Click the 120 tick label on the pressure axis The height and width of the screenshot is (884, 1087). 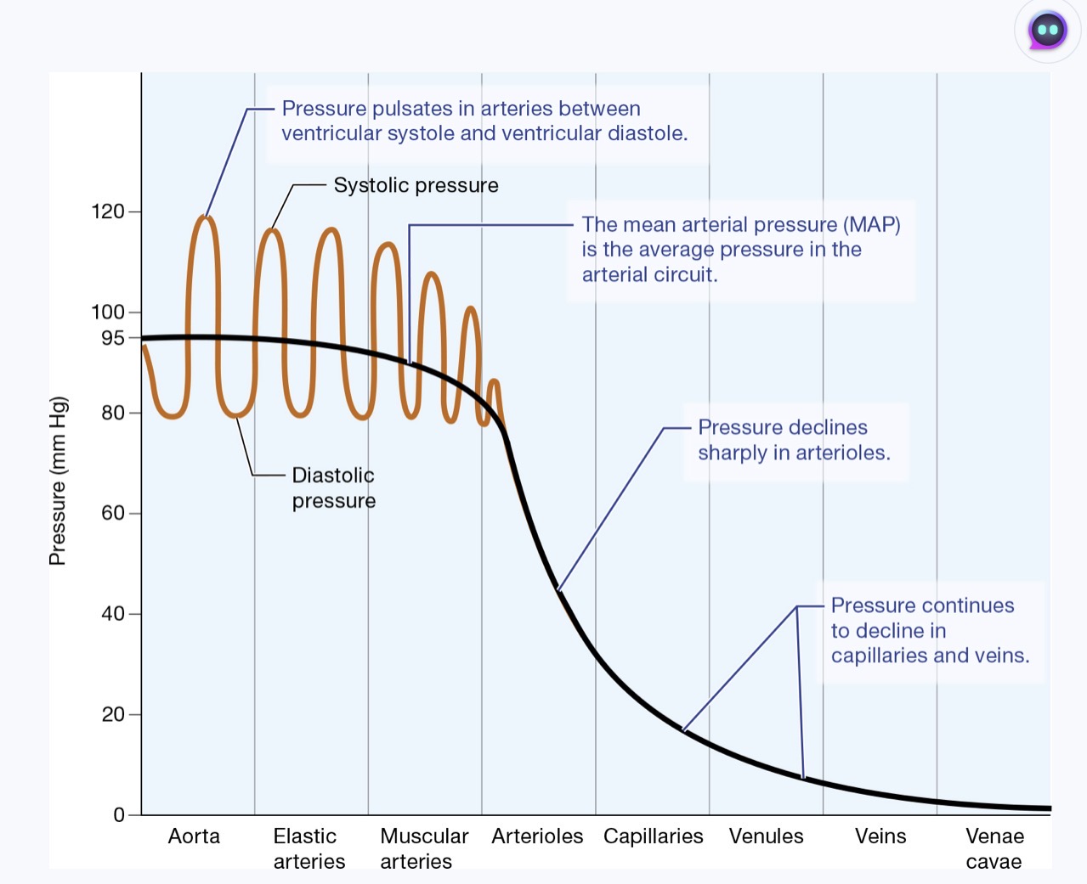coord(108,211)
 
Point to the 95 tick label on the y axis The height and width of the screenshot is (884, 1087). coord(112,338)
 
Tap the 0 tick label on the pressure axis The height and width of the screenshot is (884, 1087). coord(119,815)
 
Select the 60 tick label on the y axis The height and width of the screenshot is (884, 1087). coord(113,513)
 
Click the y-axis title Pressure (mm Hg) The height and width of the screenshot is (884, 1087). coord(57,481)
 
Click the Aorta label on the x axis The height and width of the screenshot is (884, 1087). coord(194,836)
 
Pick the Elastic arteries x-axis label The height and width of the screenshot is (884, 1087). coord(309,848)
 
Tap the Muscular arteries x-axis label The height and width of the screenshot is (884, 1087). coord(423,848)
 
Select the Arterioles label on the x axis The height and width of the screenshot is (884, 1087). coord(537,836)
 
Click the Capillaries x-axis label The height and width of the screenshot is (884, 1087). coord(653,836)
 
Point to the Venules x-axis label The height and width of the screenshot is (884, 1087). coord(766,836)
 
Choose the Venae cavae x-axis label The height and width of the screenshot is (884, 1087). coord(994,848)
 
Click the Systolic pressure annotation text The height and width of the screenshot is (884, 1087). coord(416,185)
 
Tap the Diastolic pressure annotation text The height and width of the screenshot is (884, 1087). coord(333,488)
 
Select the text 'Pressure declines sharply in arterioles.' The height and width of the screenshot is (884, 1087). coord(794,440)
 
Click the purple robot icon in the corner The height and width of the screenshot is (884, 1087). coord(1047,31)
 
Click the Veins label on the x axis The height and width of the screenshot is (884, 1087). coord(880,836)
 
